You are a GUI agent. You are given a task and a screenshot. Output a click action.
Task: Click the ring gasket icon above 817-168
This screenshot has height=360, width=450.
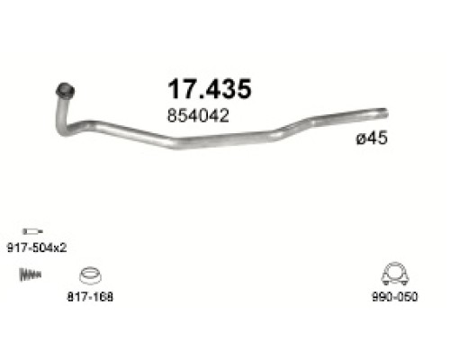90,274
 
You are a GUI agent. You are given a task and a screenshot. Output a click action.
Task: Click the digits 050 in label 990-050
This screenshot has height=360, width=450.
404,296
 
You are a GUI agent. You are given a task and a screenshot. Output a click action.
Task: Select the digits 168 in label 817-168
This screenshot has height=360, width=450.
105,296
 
